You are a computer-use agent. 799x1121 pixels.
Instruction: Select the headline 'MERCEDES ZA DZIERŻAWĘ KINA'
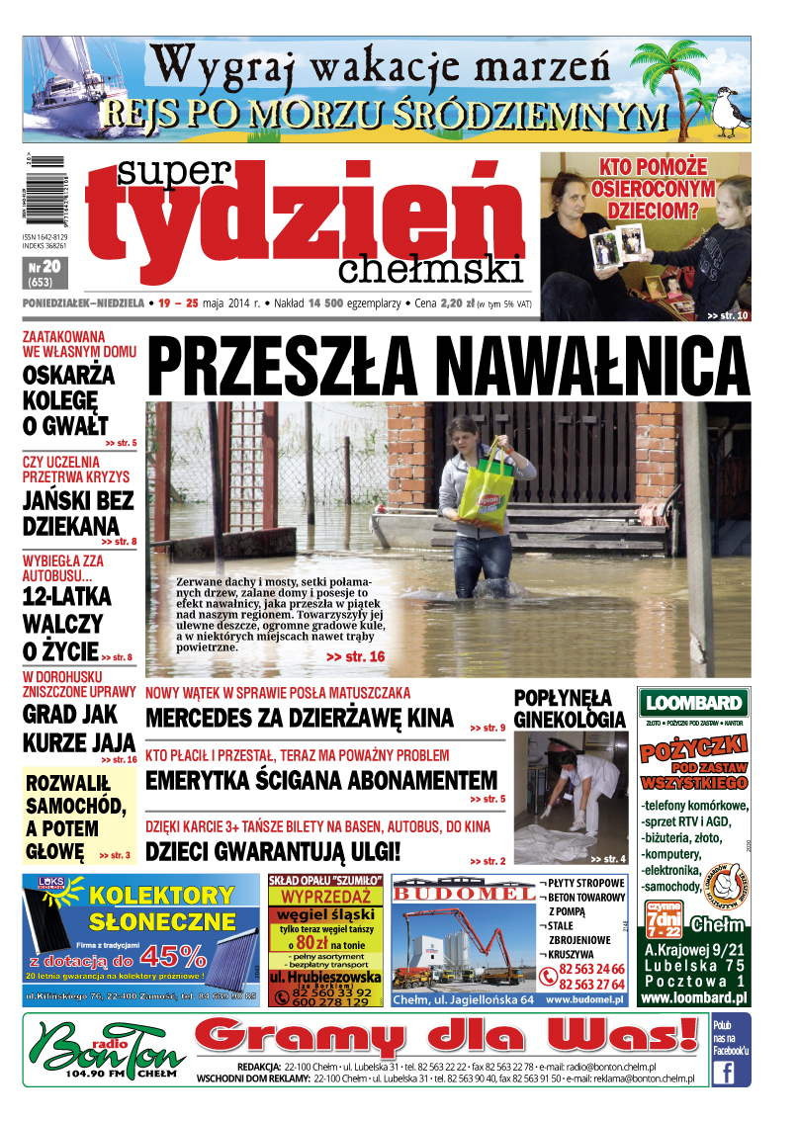pos(299,719)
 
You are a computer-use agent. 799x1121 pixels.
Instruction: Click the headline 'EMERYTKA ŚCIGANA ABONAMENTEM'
pos(320,781)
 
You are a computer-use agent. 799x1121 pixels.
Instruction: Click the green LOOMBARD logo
pos(693,703)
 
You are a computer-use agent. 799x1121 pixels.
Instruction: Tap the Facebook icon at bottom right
pos(730,1072)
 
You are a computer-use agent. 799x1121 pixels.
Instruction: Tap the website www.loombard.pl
pos(692,998)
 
